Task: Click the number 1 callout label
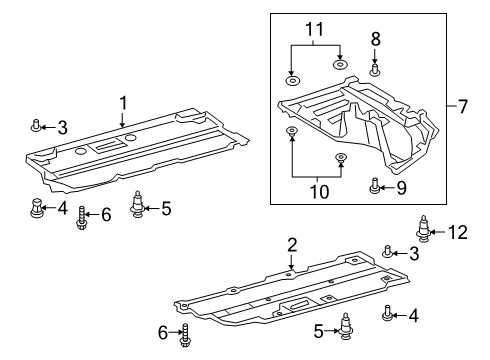(x=123, y=102)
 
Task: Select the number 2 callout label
(x=291, y=243)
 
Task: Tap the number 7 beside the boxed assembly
(x=462, y=107)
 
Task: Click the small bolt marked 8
(x=375, y=69)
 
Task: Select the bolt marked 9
(x=375, y=185)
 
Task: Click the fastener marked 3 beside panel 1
(x=37, y=125)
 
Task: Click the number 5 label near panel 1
(x=166, y=208)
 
